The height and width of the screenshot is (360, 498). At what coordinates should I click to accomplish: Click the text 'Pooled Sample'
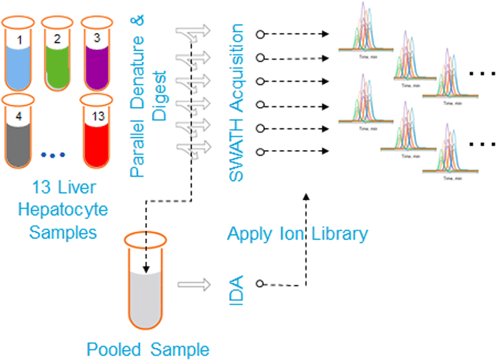[148, 349]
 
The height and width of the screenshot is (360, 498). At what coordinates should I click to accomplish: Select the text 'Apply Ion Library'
[297, 234]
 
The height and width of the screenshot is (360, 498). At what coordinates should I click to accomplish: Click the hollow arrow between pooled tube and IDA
[193, 284]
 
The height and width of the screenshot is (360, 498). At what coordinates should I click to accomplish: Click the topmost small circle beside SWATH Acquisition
[261, 33]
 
